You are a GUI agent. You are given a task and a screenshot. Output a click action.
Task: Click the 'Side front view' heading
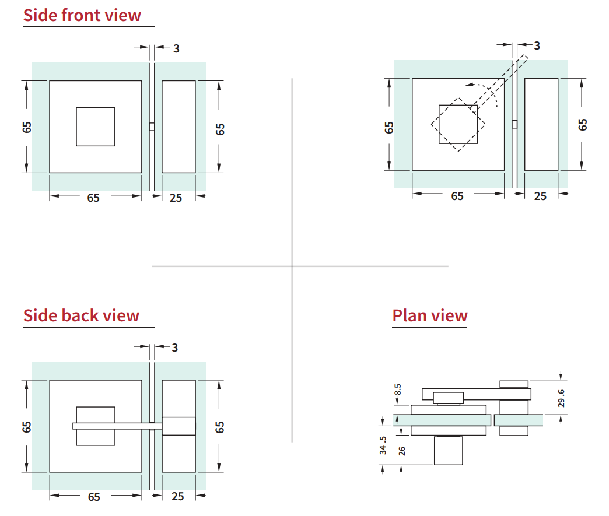coord(82,16)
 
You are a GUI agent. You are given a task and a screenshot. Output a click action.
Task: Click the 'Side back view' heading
coord(81,315)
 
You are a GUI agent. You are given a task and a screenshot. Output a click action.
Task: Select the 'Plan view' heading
coord(430,315)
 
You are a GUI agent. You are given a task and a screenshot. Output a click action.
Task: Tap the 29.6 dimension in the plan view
coord(561,398)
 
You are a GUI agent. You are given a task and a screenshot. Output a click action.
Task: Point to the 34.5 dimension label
coord(383,445)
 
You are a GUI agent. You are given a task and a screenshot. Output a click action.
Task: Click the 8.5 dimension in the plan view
coord(398,389)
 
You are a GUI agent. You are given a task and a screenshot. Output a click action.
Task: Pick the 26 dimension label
coord(402,451)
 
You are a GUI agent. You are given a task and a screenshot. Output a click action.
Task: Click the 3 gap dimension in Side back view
coord(175,347)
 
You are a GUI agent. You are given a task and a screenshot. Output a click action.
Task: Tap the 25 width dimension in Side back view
coord(177,496)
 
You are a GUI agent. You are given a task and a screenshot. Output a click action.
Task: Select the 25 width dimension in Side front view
coord(176,198)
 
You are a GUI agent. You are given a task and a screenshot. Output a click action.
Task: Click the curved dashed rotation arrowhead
coord(469,85)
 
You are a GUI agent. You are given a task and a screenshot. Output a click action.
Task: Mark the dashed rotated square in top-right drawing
coord(459,125)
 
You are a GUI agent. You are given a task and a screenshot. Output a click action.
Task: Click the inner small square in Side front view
coord(96,127)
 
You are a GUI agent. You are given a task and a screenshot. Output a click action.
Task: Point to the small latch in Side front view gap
coord(152,127)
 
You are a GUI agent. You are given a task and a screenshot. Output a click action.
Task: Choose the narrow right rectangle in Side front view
coord(178,127)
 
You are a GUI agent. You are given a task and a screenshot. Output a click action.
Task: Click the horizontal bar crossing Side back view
coord(117,426)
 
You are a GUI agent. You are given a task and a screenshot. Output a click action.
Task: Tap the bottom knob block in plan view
coord(448,451)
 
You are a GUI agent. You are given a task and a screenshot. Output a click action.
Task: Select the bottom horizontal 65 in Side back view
coord(94,497)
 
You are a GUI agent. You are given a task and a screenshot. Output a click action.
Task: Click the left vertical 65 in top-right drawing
coord(389,127)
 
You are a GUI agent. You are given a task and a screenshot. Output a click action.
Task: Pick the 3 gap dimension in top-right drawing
coord(537,46)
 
